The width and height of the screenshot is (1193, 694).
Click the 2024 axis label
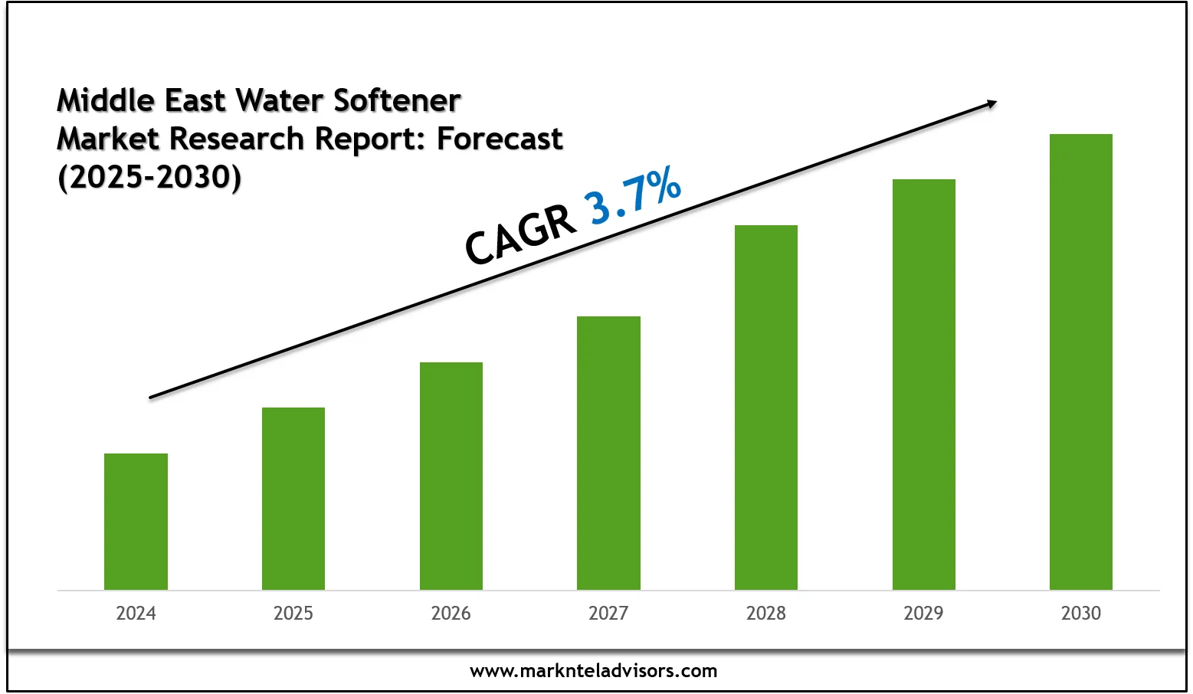[136, 613]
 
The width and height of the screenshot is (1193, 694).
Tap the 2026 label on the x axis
[451, 613]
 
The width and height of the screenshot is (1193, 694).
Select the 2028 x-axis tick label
[766, 613]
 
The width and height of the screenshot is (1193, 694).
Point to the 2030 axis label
[1081, 613]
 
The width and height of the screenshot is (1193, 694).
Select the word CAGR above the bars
[520, 235]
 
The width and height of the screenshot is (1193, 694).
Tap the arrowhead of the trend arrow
[991, 103]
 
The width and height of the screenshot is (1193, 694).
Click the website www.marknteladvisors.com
[594, 671]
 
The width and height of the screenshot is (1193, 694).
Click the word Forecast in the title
[500, 139]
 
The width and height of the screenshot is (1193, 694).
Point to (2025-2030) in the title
[149, 177]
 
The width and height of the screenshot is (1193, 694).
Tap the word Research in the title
[237, 139]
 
